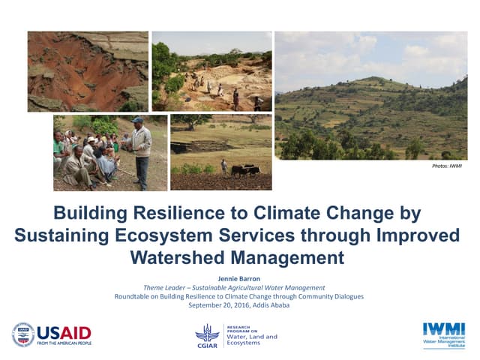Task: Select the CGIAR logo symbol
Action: pos(207,332)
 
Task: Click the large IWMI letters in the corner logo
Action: pos(443,329)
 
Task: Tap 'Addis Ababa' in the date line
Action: pos(274,305)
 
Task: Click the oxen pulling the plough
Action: pos(244,171)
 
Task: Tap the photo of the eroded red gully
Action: pos(88,71)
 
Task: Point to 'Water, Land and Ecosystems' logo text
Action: pos(251,337)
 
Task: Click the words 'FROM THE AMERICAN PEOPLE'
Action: pos(64,343)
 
